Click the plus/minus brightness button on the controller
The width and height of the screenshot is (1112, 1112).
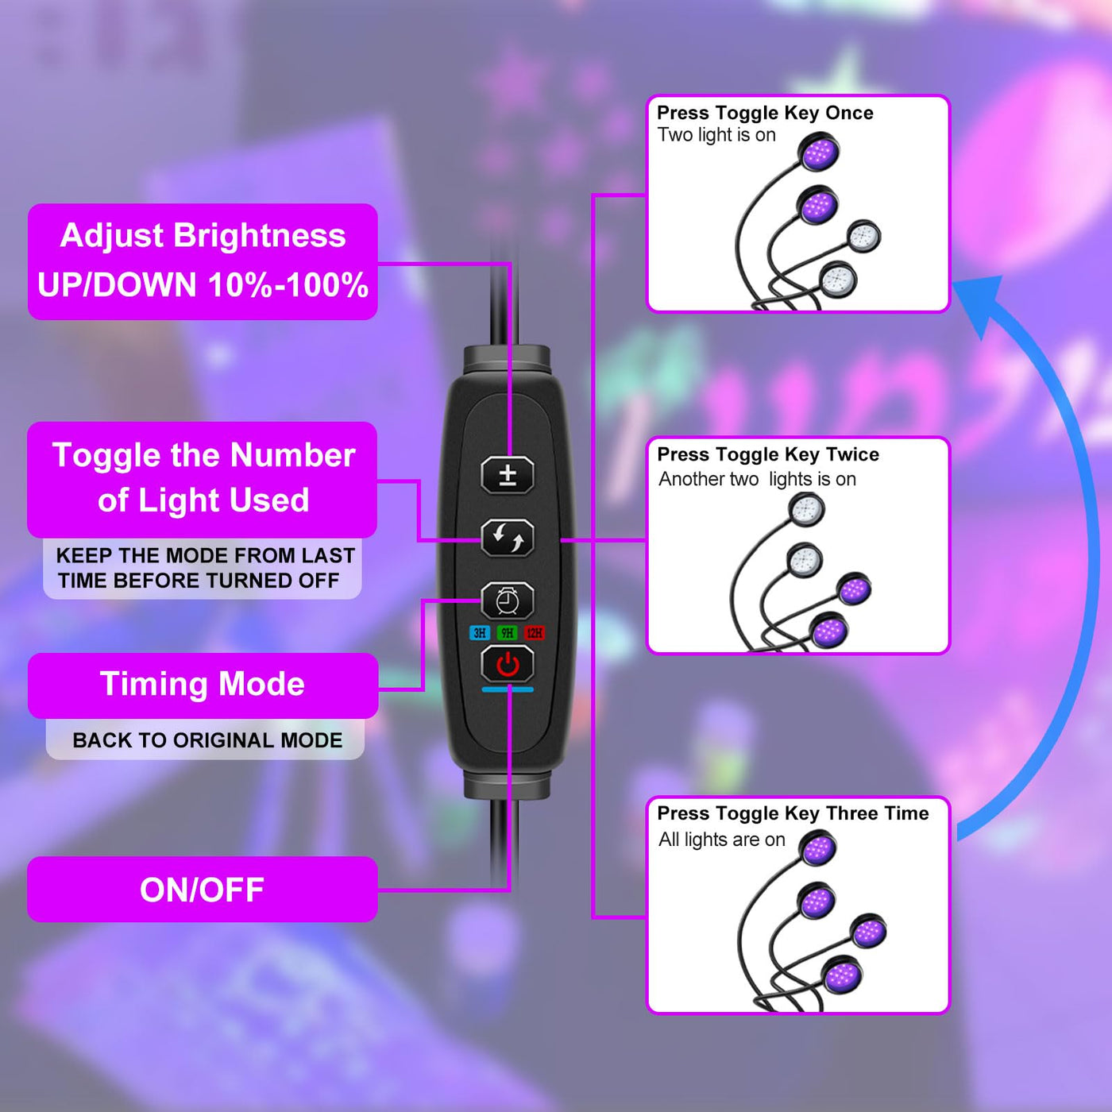click(508, 475)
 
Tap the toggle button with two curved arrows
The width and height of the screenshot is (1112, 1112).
click(508, 539)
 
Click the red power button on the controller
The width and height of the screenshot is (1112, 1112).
click(508, 665)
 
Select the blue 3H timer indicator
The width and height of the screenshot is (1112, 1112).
click(479, 633)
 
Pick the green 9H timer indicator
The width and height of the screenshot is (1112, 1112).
click(507, 633)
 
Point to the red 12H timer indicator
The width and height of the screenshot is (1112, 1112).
click(535, 633)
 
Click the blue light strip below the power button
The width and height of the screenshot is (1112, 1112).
click(508, 689)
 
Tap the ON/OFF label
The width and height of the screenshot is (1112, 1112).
click(202, 890)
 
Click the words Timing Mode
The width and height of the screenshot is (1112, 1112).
click(203, 684)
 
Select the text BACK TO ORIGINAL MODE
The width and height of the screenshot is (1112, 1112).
click(207, 740)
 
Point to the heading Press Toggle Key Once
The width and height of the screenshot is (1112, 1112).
click(765, 113)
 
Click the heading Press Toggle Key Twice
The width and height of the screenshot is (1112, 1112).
click(768, 454)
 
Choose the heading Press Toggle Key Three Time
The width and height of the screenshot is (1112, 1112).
click(793, 813)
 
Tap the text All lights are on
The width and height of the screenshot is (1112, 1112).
click(721, 840)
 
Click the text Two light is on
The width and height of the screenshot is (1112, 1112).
click(716, 135)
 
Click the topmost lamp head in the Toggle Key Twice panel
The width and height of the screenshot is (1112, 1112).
click(807, 508)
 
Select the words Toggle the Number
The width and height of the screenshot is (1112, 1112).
click(203, 455)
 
